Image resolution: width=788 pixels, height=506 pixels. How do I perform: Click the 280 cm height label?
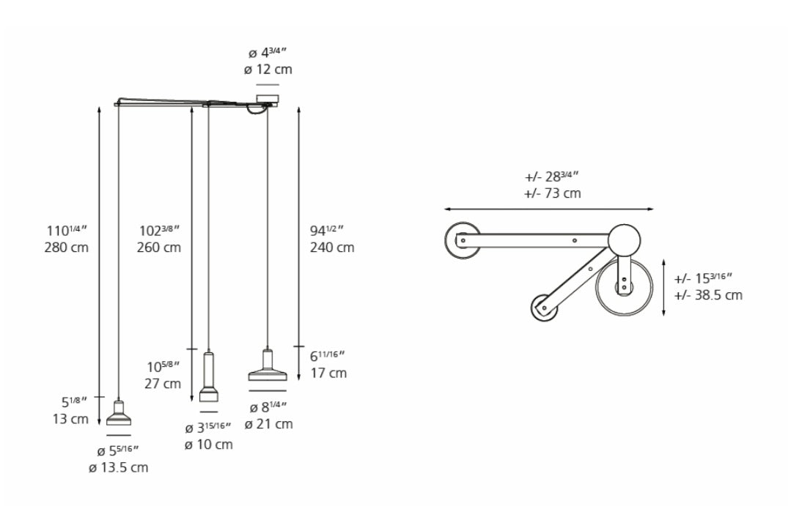pyautogui.click(x=66, y=248)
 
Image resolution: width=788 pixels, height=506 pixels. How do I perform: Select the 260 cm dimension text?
pyautogui.click(x=159, y=248)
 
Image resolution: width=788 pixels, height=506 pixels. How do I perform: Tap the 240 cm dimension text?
pyautogui.click(x=331, y=248)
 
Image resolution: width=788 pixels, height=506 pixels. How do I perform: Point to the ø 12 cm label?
pyautogui.click(x=268, y=70)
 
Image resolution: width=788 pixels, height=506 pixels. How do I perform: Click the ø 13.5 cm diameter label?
pyautogui.click(x=119, y=468)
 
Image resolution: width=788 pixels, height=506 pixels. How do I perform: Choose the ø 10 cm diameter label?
pyautogui.click(x=209, y=444)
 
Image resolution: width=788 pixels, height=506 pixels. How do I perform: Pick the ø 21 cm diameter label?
pyautogui.click(x=268, y=424)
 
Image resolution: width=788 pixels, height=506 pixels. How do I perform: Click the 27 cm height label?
pyautogui.click(x=162, y=384)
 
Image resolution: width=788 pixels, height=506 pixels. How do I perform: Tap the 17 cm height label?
pyautogui.click(x=328, y=373)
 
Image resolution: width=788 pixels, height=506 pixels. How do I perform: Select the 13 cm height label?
pyautogui.click(x=70, y=419)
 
